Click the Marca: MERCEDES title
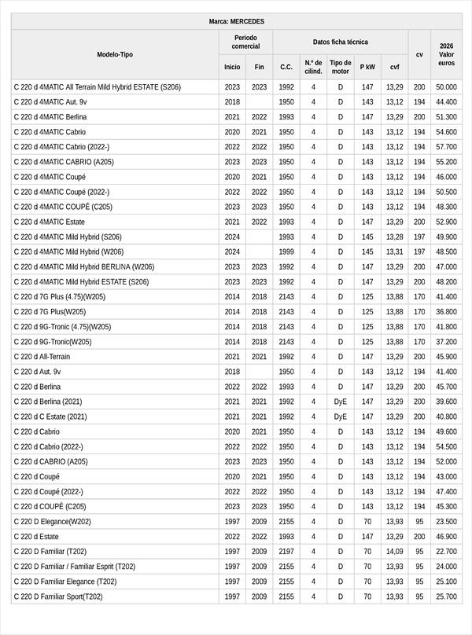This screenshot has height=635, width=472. (x=236, y=21)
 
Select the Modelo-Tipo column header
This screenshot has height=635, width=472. (x=115, y=54)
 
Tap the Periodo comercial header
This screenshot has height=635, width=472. (x=245, y=42)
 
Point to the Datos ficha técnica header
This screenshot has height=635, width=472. (x=340, y=42)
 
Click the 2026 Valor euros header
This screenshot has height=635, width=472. (x=446, y=54)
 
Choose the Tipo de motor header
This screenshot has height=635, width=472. (x=341, y=67)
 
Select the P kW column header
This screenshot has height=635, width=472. (x=367, y=67)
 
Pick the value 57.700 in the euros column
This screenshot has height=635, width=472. (x=446, y=147)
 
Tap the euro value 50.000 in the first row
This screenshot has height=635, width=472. (x=446, y=87)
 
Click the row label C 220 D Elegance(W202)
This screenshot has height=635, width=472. (x=52, y=521)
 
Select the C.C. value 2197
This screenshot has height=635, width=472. (x=286, y=551)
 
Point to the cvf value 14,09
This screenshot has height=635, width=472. (x=394, y=551)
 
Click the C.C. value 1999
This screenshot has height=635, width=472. (x=286, y=251)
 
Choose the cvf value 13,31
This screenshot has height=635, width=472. (x=394, y=251)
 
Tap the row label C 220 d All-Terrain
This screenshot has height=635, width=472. (x=42, y=357)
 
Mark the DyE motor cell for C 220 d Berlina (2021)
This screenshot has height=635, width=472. (x=341, y=402)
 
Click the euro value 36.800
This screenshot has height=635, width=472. (x=446, y=312)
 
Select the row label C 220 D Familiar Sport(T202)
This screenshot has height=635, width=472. (x=58, y=596)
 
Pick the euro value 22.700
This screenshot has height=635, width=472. (x=446, y=551)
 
